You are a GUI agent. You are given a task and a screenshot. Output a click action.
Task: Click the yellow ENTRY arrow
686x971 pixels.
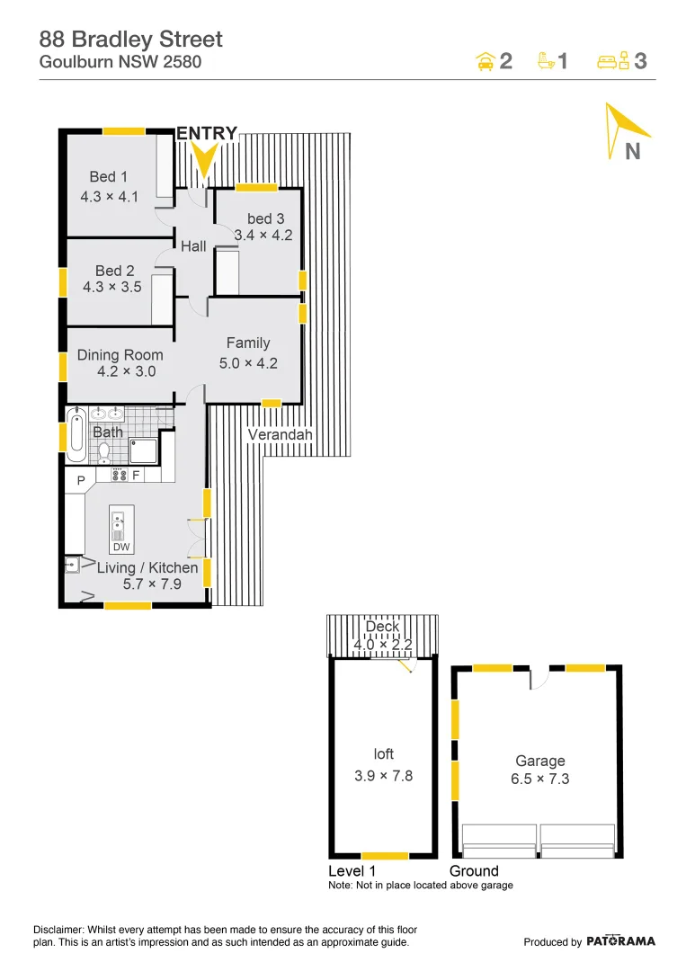205,160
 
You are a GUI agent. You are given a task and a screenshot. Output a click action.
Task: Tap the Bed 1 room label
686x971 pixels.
108,176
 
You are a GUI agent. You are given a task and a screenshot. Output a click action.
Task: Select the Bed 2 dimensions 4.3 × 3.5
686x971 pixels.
111,288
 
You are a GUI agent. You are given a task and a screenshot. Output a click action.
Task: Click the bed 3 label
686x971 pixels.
265,218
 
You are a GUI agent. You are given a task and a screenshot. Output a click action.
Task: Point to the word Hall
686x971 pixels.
193,245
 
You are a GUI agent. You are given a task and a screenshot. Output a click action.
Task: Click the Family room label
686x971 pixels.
248,343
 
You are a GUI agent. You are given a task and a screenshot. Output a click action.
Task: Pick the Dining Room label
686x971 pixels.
120,355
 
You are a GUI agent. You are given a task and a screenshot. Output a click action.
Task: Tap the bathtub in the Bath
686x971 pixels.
76,435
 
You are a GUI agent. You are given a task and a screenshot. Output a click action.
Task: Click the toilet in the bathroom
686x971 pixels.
103,450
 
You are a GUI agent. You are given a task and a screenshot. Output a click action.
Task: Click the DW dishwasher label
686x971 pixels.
121,547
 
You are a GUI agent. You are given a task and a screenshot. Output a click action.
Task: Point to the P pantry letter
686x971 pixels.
80,482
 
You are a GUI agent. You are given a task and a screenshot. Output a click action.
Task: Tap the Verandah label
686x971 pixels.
280,435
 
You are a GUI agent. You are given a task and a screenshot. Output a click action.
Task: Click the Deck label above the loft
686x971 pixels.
382,627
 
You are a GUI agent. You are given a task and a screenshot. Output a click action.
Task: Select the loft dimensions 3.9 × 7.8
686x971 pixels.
383,775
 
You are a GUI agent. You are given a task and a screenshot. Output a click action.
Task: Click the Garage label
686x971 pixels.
539,761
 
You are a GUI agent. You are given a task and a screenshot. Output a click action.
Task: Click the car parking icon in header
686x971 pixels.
485,61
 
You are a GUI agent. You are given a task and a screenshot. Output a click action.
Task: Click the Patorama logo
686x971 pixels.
620,941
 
